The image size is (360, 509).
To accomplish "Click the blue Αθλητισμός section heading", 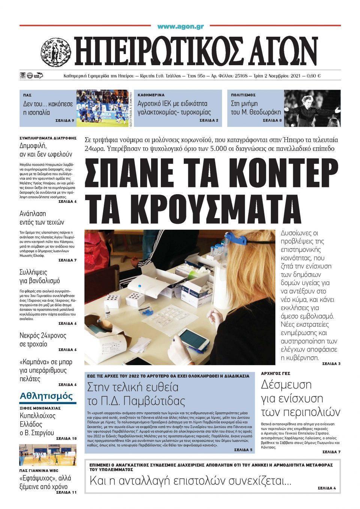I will [46, 397].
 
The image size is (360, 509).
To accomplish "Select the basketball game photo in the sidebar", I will [48, 455].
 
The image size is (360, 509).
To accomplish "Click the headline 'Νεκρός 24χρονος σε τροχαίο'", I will [43, 339].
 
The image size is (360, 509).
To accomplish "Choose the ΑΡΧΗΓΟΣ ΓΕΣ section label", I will [276, 373].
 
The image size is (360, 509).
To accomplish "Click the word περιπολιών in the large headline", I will [301, 412].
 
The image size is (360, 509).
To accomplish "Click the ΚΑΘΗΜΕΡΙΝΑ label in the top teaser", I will [151, 95].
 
